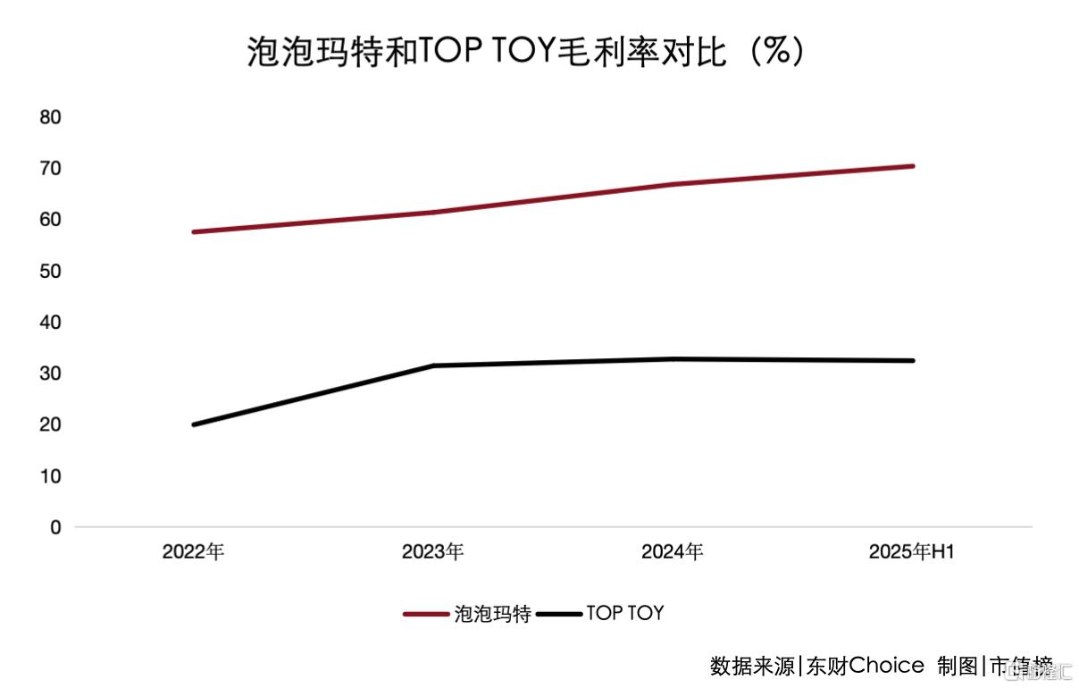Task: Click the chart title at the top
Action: coord(526,52)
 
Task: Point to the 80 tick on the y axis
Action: coord(51,117)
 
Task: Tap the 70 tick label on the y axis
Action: coord(51,168)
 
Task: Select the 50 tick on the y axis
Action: coord(51,271)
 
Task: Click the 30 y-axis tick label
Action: coord(51,373)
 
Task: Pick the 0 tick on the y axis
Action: coord(55,527)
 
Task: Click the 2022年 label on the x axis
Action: coord(193,552)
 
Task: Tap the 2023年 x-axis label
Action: coord(432,552)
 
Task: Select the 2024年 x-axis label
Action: coord(672,552)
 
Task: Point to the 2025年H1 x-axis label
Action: coord(912,552)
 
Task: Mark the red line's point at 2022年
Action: coord(194,232)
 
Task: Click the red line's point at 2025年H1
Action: coord(912,166)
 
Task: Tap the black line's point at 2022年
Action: coord(194,424)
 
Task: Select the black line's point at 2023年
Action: coord(433,365)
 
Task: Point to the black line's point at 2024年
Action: coord(673,359)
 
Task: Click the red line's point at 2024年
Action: coord(673,185)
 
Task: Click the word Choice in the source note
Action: coord(886,666)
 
